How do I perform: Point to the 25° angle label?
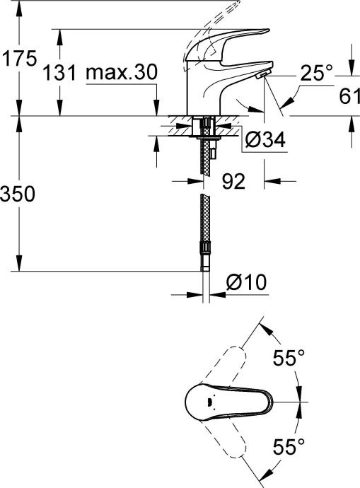click(315, 72)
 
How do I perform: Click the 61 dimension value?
click(343, 95)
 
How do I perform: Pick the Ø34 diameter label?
click(265, 141)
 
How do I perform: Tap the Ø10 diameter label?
click(245, 283)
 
